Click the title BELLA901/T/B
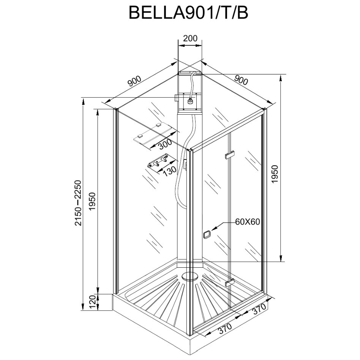click(x=188, y=13)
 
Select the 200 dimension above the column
click(x=190, y=38)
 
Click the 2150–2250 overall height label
click(x=79, y=203)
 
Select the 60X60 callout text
click(x=247, y=222)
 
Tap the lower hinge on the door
click(x=229, y=283)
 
